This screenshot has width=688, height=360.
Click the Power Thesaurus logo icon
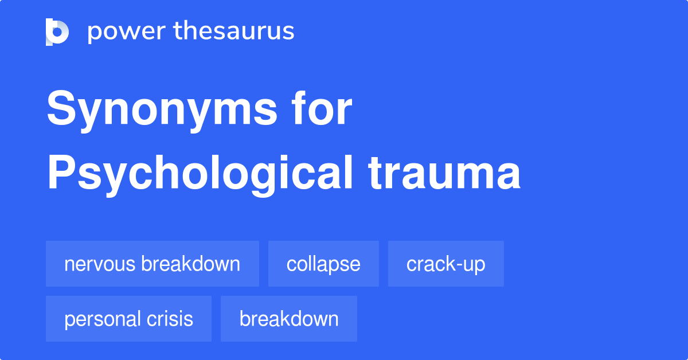[57, 32]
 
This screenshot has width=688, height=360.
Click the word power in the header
[127, 32]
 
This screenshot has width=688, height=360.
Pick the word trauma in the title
[444, 174]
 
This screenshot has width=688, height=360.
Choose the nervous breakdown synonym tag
[153, 264]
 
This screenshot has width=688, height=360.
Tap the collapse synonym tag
[323, 264]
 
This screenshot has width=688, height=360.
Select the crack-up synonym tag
[445, 264]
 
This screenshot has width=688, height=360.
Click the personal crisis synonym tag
[128, 319]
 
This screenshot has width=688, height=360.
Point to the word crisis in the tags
[170, 319]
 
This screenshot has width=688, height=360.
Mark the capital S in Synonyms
[61, 107]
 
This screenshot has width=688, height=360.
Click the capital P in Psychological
[61, 172]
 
